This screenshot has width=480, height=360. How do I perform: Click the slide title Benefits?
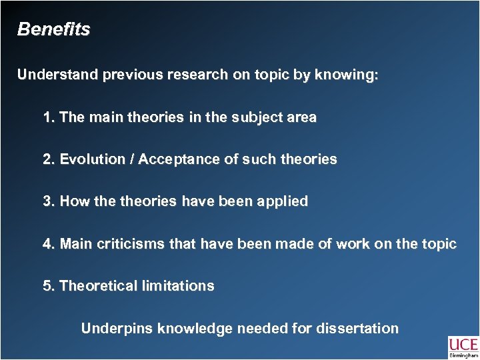(53, 30)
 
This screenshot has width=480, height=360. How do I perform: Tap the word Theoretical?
(98, 286)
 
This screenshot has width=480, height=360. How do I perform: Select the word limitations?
(178, 286)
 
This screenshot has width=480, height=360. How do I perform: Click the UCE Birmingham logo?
(463, 347)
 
